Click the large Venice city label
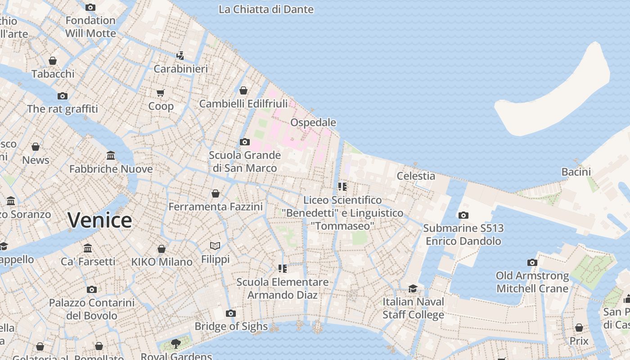[100, 220]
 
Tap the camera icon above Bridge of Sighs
[231, 313]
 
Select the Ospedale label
[313, 122]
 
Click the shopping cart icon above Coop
[161, 93]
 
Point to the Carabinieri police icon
[180, 56]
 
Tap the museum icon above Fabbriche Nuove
[111, 156]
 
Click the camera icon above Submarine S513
[463, 215]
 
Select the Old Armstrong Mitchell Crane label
[532, 282]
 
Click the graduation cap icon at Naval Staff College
[413, 288]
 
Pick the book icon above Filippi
[215, 246]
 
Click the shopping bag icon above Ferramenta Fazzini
[216, 193]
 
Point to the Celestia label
[416, 176]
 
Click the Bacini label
[576, 171]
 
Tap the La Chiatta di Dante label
[266, 9]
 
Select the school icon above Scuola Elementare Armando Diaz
[283, 269]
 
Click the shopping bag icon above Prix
[579, 328]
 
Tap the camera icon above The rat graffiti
[63, 96]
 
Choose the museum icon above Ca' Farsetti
[88, 248]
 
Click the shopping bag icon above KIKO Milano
[162, 249]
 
